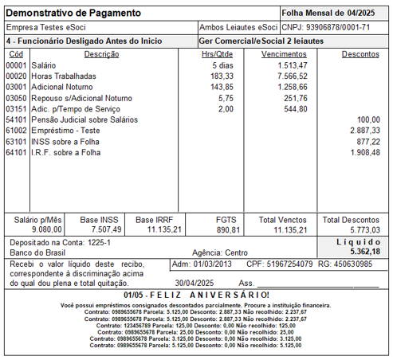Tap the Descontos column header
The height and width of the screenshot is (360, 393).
pyautogui.click(x=360, y=53)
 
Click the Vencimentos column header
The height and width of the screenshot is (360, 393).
pyautogui.click(x=285, y=53)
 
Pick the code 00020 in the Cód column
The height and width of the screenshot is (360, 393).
pyautogui.click(x=16, y=75)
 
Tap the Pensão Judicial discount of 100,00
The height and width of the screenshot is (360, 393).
pyautogui.click(x=367, y=118)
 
